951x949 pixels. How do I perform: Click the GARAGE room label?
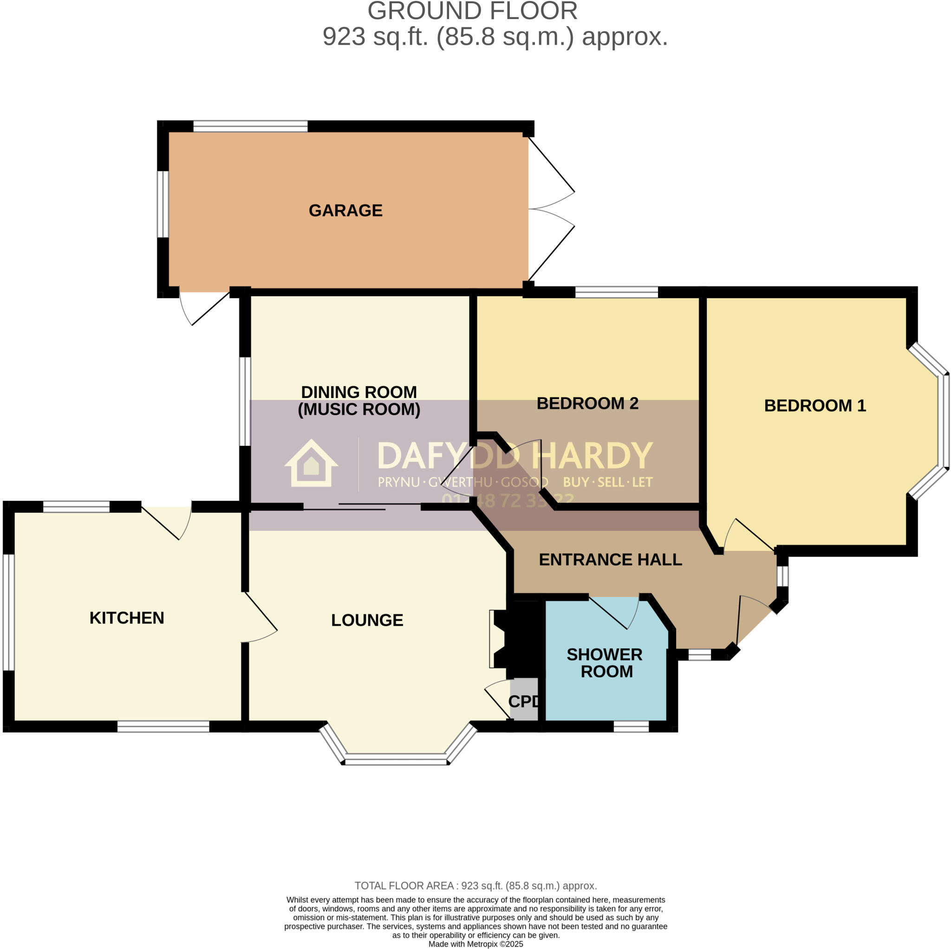(345, 210)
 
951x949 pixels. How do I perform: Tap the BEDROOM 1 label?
(814, 406)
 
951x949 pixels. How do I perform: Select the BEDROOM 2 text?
(587, 403)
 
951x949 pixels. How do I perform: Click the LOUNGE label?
(367, 620)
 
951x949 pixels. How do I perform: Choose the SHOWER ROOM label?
(605, 663)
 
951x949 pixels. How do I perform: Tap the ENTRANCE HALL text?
(610, 559)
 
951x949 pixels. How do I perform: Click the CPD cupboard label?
(523, 701)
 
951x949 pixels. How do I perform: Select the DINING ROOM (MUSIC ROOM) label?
(359, 400)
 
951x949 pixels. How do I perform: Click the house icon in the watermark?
(311, 464)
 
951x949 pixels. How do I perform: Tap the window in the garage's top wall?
(250, 126)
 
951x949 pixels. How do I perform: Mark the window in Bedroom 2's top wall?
(616, 293)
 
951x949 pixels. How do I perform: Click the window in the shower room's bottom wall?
(631, 726)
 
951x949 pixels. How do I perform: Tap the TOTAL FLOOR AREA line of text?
(475, 885)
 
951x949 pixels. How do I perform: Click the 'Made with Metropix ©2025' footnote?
(475, 944)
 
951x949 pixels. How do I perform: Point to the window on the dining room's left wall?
(245, 401)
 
